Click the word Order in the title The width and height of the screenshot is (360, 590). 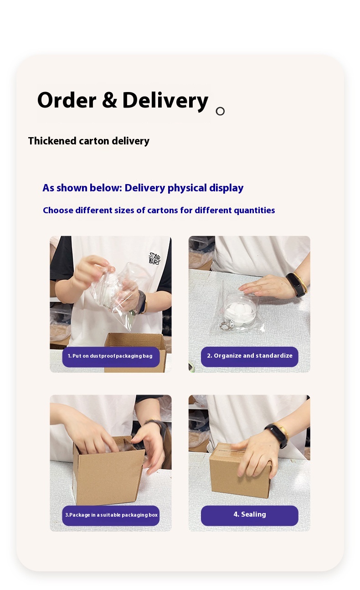(67, 100)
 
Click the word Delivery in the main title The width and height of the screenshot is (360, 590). (165, 102)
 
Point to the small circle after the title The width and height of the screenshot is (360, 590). (220, 111)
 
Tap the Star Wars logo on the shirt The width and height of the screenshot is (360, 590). (154, 258)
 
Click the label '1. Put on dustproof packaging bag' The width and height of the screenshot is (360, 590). (111, 356)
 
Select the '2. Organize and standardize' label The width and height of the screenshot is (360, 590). (250, 356)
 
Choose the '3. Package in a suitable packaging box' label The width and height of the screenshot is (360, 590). (111, 515)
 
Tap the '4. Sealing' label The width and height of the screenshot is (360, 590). (250, 515)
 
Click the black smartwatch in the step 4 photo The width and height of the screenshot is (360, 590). (277, 435)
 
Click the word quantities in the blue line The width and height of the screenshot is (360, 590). (254, 210)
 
